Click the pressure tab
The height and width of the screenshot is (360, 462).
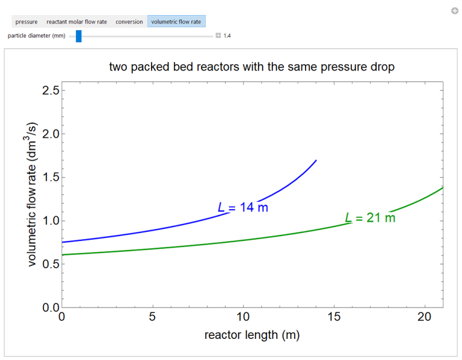coord(26,22)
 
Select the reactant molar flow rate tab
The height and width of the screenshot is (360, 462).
coord(76,22)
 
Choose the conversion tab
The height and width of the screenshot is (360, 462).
coord(129,22)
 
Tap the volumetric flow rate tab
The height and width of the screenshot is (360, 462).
coord(176,22)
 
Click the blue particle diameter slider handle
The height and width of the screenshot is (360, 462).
coord(78,36)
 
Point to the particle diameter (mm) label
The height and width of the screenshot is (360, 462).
coord(36,36)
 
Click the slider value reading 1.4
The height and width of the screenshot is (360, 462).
coord(227,36)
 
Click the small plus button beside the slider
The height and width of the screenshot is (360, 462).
coord(218,36)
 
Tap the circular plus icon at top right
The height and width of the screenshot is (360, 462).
coord(455,10)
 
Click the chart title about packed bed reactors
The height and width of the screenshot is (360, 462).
coord(251,67)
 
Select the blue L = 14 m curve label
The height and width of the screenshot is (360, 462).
coord(242,208)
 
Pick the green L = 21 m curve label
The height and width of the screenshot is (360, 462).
coord(370,218)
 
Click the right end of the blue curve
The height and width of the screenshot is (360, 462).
coord(316,161)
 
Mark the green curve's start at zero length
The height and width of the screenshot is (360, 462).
coord(62,255)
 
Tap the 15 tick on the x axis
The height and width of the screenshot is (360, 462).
coord(334,317)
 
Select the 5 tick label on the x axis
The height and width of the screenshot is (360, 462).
coord(152,317)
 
